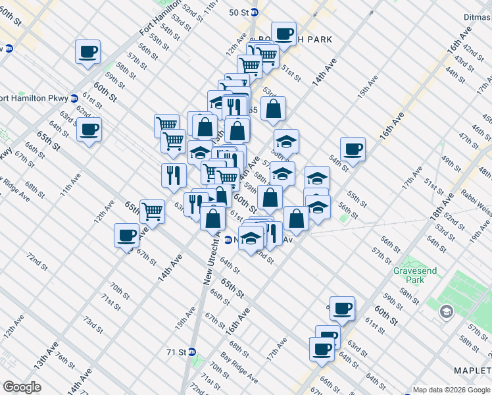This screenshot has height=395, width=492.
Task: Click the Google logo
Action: [22, 387]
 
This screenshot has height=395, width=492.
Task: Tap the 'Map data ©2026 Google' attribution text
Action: [451, 390]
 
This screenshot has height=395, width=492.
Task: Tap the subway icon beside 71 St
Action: [192, 352]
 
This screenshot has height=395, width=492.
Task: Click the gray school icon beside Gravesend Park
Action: [447, 311]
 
